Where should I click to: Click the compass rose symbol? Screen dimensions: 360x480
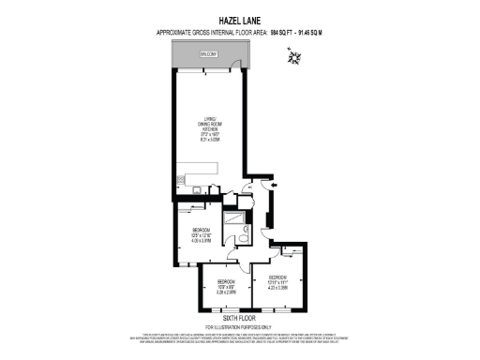click(294, 59)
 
